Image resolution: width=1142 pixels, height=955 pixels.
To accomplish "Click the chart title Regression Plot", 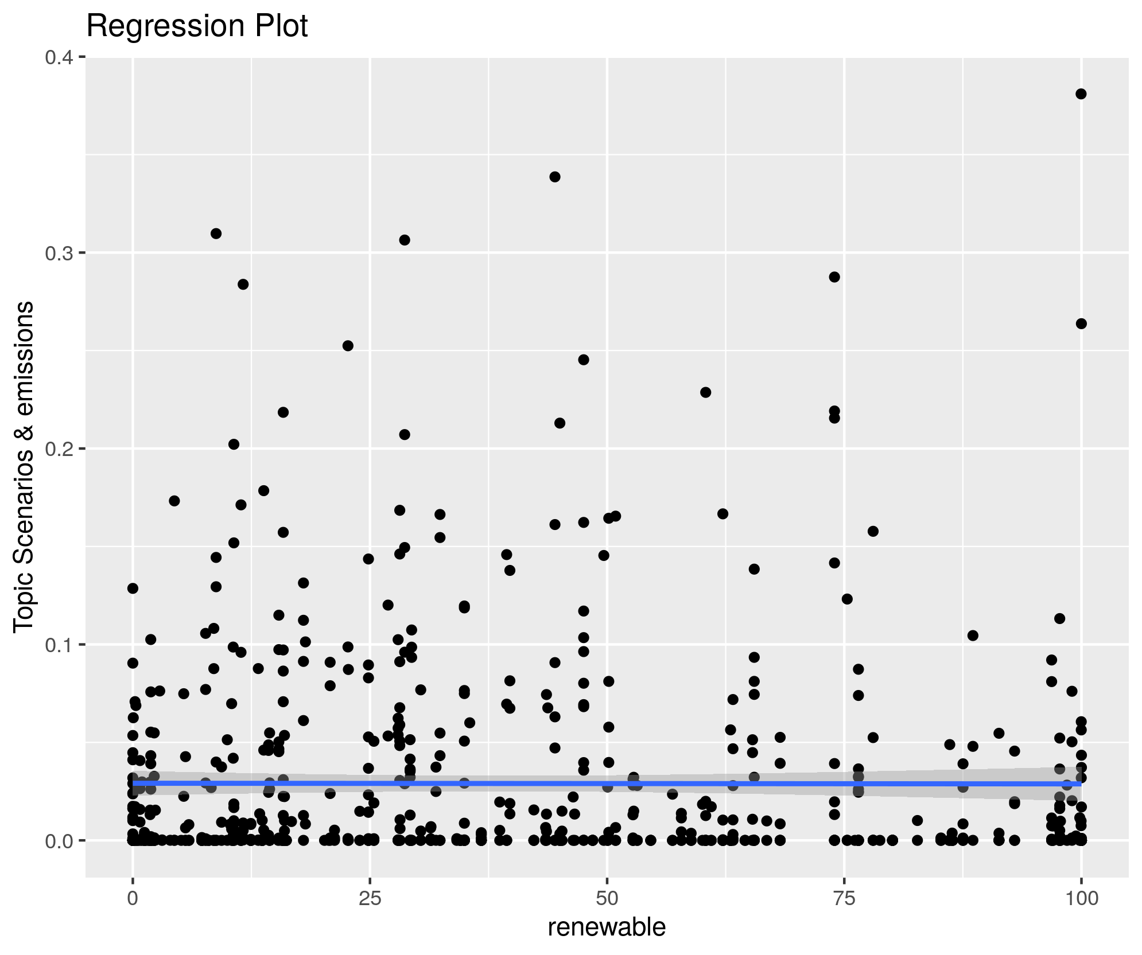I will click(197, 26).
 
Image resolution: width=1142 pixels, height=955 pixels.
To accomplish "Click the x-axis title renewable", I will click(607, 927).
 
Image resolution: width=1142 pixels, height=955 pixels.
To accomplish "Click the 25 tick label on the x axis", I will click(370, 898).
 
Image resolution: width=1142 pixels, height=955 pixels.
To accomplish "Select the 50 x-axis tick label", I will click(607, 898).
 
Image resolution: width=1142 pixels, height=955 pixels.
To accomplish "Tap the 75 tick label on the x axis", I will click(844, 898).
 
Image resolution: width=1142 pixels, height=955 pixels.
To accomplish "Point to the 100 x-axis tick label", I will click(1081, 898).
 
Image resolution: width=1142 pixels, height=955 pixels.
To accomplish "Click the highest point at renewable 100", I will click(1081, 94).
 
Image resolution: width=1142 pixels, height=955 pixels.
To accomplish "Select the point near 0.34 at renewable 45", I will click(555, 177).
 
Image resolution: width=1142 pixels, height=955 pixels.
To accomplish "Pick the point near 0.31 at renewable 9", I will click(216, 233).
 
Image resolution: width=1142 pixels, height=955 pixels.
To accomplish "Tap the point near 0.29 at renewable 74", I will click(834, 277).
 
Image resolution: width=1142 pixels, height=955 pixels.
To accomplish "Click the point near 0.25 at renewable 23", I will click(348, 346).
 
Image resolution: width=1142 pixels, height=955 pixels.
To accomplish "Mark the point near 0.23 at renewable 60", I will click(706, 392).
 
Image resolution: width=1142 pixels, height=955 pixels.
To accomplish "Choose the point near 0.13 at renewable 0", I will click(133, 588).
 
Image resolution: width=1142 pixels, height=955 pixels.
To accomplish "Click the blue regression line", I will click(607, 784).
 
